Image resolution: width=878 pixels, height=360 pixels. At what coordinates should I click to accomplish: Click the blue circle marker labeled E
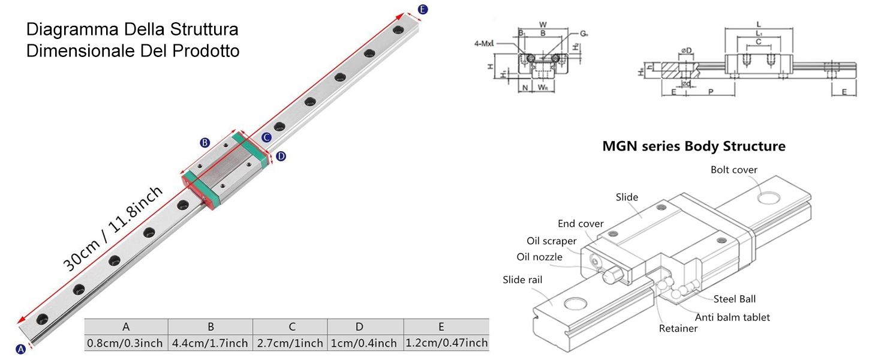[x=423, y=9]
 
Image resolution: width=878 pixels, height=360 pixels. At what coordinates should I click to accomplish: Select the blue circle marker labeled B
[x=205, y=143]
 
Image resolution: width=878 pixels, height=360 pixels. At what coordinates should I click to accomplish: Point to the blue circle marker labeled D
[x=281, y=156]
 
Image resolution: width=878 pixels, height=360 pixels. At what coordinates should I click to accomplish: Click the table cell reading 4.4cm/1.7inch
[x=211, y=343]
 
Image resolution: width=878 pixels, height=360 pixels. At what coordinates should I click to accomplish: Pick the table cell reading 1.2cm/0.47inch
[x=446, y=343]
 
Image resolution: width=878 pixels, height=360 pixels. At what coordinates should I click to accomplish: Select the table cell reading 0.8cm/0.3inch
[x=125, y=343]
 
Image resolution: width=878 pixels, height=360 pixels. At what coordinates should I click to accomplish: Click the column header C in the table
[x=291, y=327]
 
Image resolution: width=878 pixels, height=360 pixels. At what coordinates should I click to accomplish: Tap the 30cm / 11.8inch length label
[x=113, y=229]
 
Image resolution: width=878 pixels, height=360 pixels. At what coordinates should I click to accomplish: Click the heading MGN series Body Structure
[x=694, y=146]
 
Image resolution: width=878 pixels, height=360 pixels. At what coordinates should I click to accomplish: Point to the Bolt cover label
[x=734, y=170]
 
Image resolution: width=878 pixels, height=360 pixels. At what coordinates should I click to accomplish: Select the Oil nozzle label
[x=539, y=257]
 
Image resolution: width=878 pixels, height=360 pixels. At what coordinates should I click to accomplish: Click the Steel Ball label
[x=734, y=299]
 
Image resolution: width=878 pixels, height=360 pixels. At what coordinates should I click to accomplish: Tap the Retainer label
[x=678, y=328]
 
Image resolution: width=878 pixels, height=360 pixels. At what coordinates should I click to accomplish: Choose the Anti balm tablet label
[x=732, y=317]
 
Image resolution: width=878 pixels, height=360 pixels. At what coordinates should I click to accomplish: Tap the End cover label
[x=581, y=224]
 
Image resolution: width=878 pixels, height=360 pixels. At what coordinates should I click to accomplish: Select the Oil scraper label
[x=551, y=241]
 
